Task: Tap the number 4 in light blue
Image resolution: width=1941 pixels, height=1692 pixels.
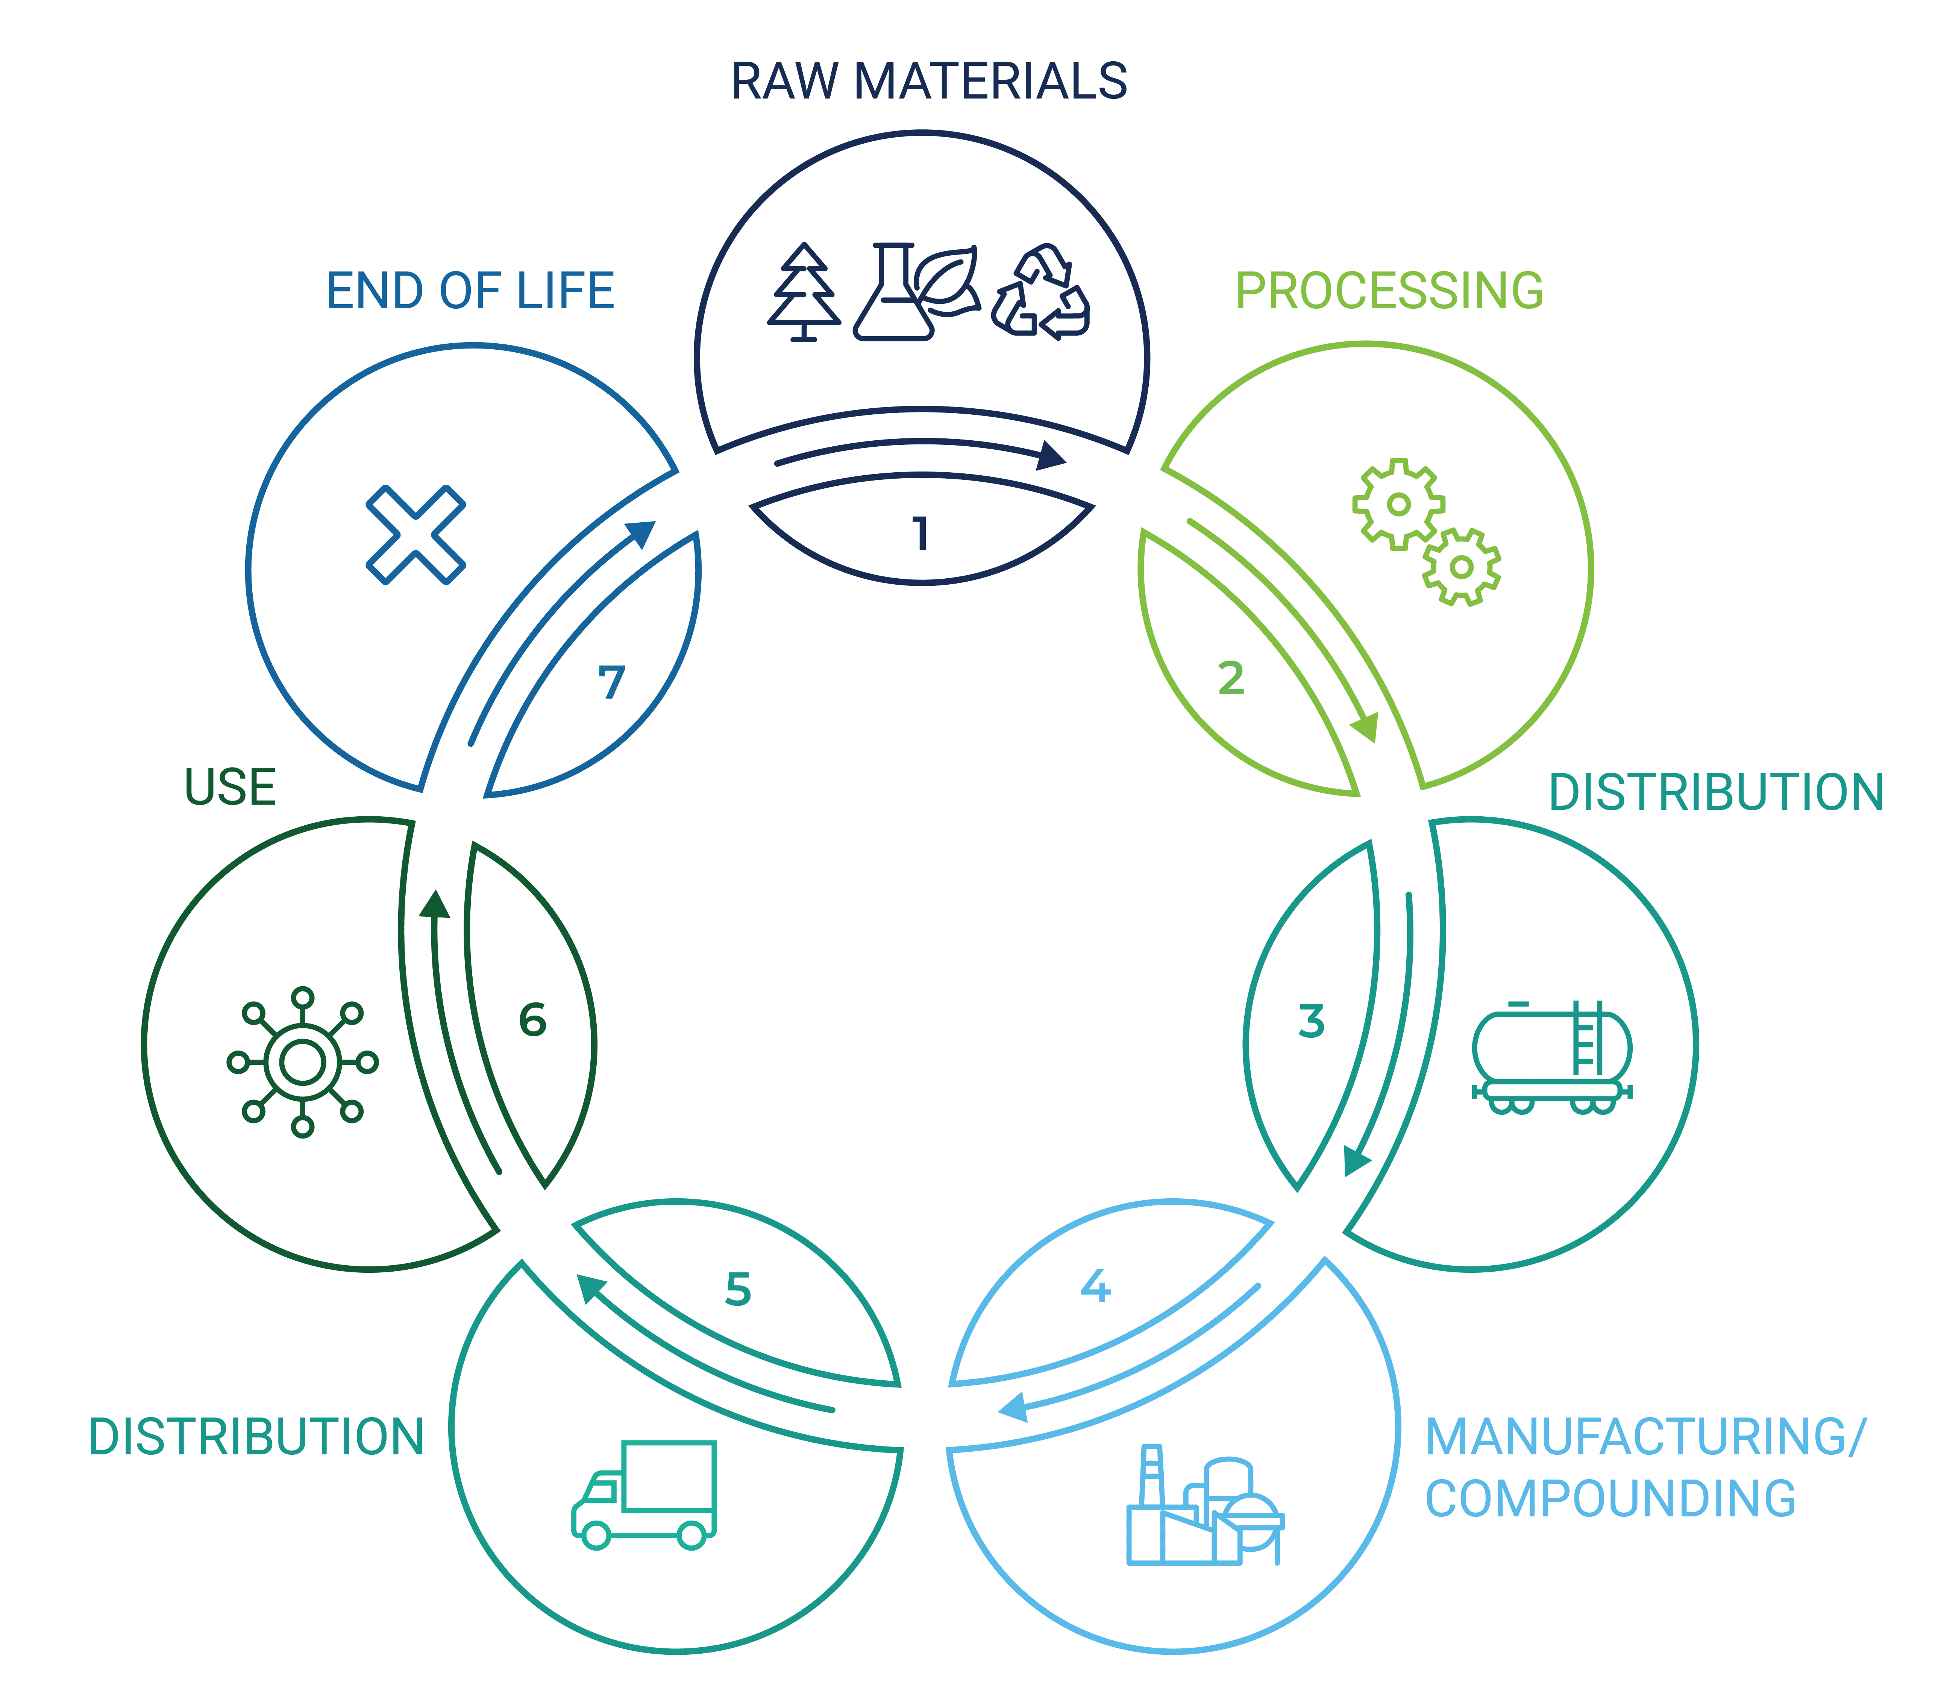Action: (1095, 1286)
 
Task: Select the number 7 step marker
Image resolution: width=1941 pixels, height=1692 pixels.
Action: (612, 682)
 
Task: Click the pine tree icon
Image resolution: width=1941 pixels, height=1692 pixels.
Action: (804, 293)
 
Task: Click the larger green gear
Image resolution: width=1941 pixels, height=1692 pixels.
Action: (1398, 504)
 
